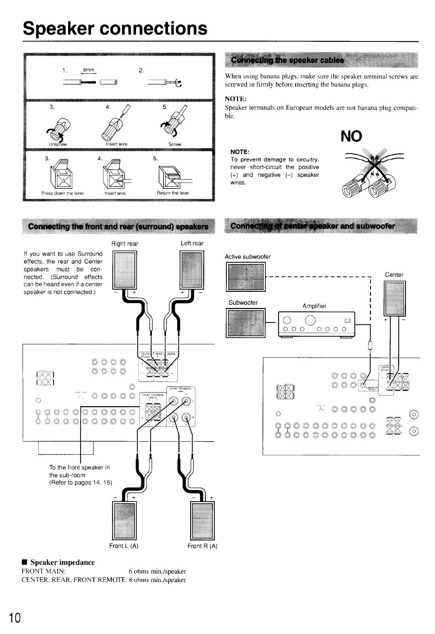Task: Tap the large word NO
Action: point(351,136)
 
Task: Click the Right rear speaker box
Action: point(125,270)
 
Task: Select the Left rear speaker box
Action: point(192,270)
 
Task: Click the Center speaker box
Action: point(395,298)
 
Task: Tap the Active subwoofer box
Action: point(246,277)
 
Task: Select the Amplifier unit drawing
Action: point(317,324)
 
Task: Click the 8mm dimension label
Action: point(88,70)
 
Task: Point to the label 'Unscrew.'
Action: point(58,144)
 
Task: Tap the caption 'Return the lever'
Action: point(174,193)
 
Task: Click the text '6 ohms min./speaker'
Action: point(157,572)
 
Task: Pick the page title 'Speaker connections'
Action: point(115,28)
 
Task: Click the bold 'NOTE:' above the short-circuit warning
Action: point(240,152)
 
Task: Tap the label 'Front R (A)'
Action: point(203,546)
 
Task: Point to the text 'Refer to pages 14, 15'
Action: point(81,483)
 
